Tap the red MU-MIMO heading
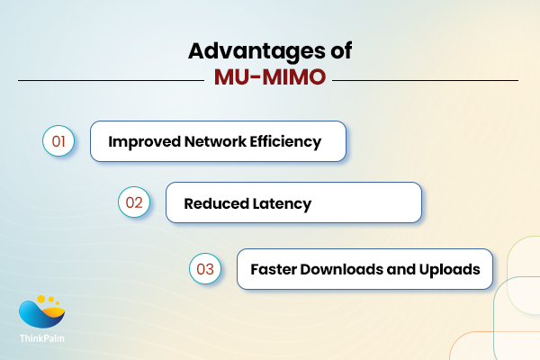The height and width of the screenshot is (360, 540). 270,80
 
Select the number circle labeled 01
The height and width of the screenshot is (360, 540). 58,141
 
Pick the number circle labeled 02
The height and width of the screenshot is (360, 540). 133,202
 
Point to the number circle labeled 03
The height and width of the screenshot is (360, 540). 204,268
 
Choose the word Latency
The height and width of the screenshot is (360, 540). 282,203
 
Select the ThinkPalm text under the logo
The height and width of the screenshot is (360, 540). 43,338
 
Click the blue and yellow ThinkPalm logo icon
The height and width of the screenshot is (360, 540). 42,312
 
